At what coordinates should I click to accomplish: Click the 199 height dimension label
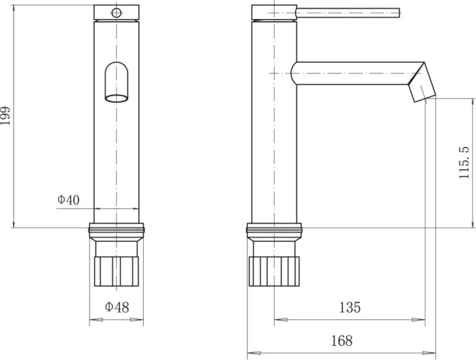(x=5, y=116)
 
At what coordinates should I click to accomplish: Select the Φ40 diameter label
(x=68, y=200)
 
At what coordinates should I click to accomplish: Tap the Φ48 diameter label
(x=117, y=307)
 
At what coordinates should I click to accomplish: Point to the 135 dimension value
(x=350, y=307)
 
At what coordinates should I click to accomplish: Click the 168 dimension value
(x=342, y=340)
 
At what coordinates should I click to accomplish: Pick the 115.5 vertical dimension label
(x=464, y=162)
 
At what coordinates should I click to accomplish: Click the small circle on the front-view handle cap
(x=116, y=13)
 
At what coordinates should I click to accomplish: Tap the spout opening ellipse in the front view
(x=117, y=98)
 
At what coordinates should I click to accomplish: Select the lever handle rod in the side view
(x=348, y=13)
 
